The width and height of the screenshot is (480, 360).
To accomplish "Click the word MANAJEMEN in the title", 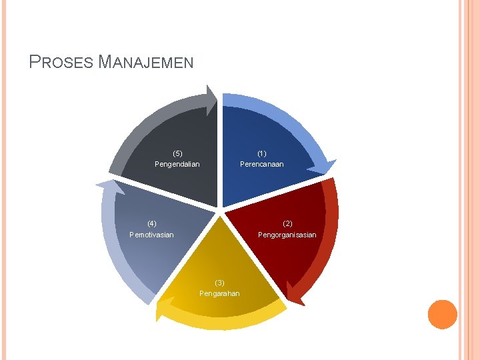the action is pos(145,63).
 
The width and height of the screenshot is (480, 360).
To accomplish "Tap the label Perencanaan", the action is pos(262,164).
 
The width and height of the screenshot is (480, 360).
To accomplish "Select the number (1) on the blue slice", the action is pos(262,153).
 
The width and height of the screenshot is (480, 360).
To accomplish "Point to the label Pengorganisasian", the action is pos(287,235).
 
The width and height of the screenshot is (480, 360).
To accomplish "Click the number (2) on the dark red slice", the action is pos(287,223).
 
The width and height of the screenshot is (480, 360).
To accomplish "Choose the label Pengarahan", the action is pos(219,293).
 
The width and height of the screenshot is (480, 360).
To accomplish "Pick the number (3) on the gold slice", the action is pos(220,282).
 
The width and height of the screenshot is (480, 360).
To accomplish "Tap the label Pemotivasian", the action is pos(152,235).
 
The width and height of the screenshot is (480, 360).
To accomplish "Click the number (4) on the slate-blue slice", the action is pos(152,223).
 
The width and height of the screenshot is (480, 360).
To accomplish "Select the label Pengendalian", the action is pos(177,164).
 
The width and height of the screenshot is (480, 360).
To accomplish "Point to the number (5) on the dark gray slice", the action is pos(177,153).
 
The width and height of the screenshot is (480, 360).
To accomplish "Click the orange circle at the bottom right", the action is pos(442,315).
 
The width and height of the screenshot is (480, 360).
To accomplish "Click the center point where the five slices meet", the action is pos(220,211).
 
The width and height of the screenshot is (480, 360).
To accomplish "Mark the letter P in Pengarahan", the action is pos(202,293).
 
